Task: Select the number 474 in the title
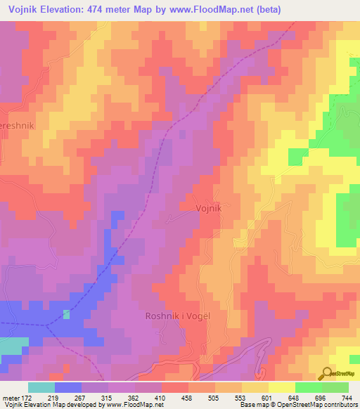[105, 10]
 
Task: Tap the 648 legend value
[295, 397]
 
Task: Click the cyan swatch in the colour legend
[41, 387]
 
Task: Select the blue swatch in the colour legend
[67, 387]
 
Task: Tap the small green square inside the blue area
[67, 314]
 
